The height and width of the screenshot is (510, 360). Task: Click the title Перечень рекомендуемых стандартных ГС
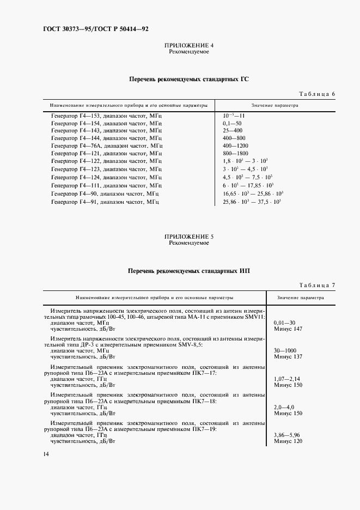[188, 79]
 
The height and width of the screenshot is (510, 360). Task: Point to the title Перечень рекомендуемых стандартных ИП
[188, 271]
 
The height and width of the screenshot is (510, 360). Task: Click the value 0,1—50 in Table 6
[232, 124]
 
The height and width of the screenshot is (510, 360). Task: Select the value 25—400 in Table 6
[233, 131]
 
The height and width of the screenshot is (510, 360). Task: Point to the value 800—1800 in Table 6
[235, 154]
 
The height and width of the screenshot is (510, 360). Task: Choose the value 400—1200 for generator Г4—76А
[235, 147]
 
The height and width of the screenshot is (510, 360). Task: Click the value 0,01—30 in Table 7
[286, 323]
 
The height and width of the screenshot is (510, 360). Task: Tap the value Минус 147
[289, 329]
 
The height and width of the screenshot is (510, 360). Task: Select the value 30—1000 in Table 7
[287, 351]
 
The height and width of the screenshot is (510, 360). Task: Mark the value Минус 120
[289, 441]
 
